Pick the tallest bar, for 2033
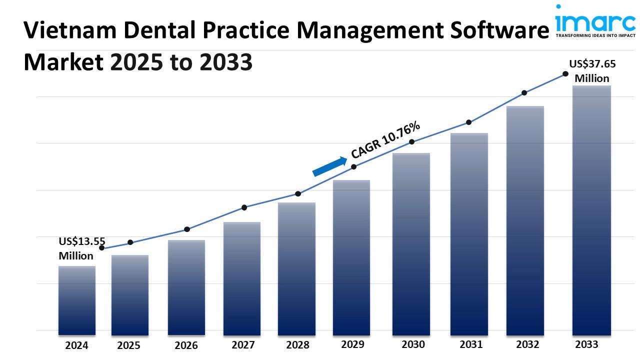point(591,210)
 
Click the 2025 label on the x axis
point(129,345)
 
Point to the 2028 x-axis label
point(297,345)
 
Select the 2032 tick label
point(527,344)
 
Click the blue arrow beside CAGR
point(329,166)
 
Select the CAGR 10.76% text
point(385,140)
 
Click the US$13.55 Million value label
point(81,248)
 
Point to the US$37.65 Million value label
point(592,71)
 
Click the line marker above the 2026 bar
point(187,229)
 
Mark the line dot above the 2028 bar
point(298,194)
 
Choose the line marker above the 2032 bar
point(524,93)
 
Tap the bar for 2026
point(186,287)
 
